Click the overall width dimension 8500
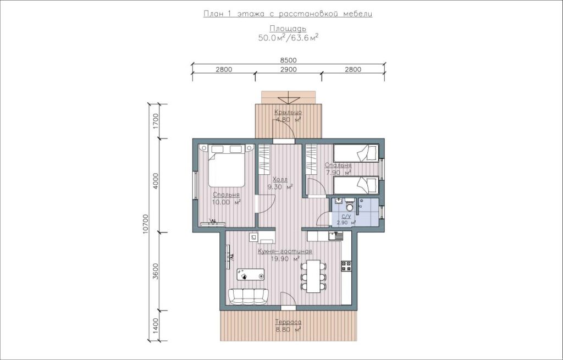click(288, 60)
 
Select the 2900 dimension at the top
click(288, 70)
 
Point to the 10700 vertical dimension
click(145, 224)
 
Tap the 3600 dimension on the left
click(155, 272)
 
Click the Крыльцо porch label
click(288, 112)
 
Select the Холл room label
click(280, 180)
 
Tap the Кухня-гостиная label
click(285, 251)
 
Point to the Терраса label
click(288, 322)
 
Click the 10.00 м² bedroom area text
click(226, 202)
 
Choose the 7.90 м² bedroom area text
click(338, 173)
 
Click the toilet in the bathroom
click(349, 206)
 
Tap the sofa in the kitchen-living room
click(248, 296)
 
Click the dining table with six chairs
click(313, 276)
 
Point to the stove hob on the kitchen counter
click(346, 266)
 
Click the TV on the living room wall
click(228, 257)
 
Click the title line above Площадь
click(288, 14)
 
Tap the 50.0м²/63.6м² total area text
click(288, 38)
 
